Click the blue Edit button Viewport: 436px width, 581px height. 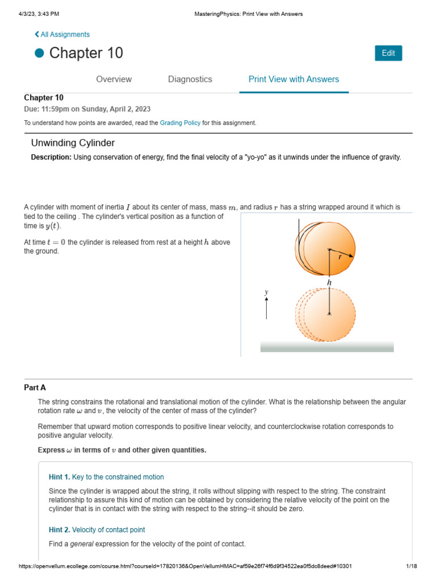tap(388, 53)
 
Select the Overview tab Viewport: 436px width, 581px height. tap(114, 79)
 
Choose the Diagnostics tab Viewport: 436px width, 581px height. tap(190, 79)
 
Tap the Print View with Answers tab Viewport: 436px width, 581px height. tap(294, 79)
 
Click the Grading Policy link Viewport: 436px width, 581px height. tap(180, 123)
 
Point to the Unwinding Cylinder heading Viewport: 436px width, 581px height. tap(73, 143)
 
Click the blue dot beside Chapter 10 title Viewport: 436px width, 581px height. tap(39, 53)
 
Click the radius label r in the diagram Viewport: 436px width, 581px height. tap(339, 257)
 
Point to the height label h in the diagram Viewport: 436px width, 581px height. tap(329, 282)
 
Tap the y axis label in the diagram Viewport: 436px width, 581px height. tap(266, 292)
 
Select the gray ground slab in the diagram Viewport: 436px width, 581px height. tap(326, 347)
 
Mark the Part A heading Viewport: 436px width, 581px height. tap(35, 388)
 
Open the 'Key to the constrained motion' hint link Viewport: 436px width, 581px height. tap(118, 477)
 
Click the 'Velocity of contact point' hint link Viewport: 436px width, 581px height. tap(108, 530)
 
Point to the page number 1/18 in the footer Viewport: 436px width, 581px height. tap(412, 566)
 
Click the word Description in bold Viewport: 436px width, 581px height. tap(51, 157)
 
